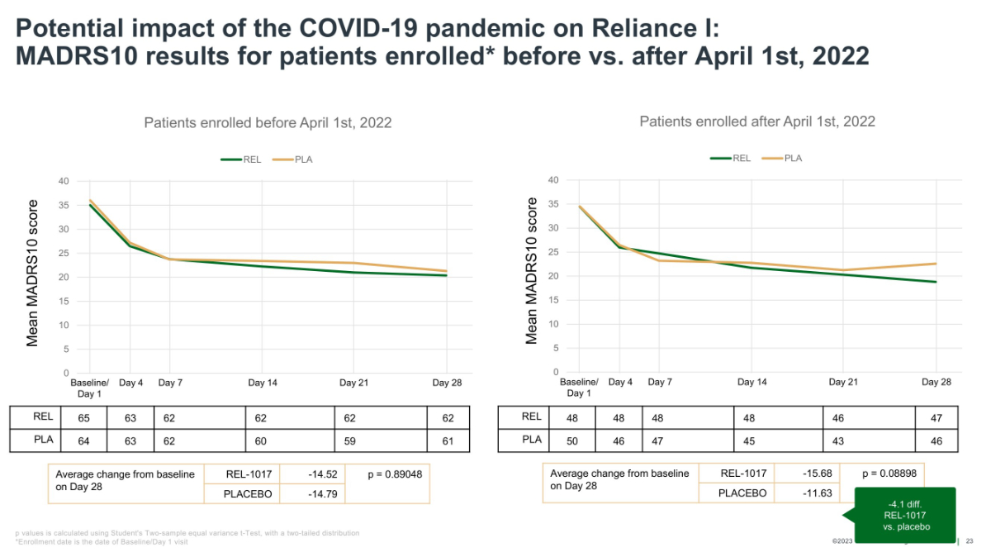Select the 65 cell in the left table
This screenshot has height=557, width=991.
pos(84,418)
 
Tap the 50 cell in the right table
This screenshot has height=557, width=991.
pos(572,441)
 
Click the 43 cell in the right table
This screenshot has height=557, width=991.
pos(839,441)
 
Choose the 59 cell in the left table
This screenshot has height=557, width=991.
pos(350,441)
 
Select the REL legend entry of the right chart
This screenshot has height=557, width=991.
pos(732,158)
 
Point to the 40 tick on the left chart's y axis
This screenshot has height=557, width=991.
pos(64,181)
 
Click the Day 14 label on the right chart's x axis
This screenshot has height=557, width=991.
pos(752,383)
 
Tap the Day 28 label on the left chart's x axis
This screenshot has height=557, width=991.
pos(447,383)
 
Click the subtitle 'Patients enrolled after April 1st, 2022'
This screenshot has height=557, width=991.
pos(757,121)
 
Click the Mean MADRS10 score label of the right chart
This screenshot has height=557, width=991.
pos(532,271)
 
